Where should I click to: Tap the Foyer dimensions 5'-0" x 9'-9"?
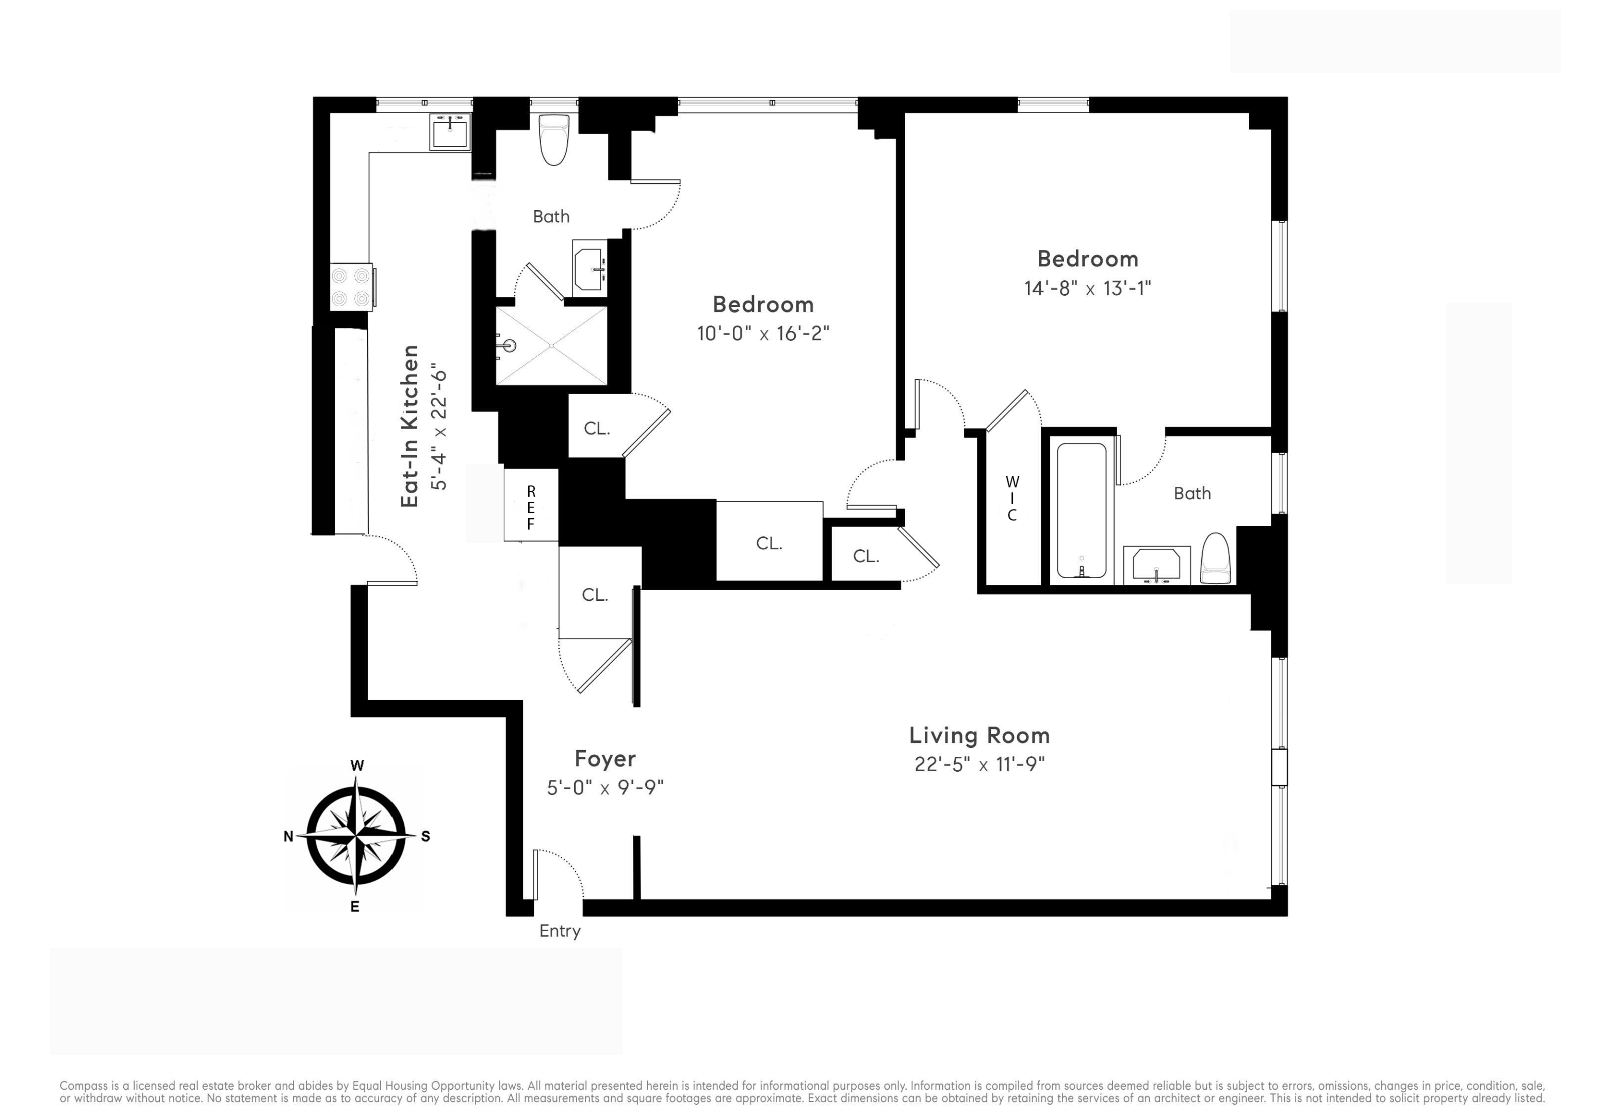click(605, 788)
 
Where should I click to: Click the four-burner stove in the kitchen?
click(350, 287)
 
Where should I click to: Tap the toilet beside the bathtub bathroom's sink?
click(1215, 558)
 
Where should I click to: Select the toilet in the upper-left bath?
click(554, 140)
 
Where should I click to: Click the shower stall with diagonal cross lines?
click(551, 346)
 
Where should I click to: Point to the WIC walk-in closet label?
click(1012, 499)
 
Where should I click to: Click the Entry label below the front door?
click(560, 931)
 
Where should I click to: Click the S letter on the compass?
click(426, 836)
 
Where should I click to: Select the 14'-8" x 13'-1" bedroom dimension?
click(1087, 289)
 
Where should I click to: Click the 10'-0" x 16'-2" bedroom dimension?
click(763, 334)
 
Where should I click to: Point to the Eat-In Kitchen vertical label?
click(410, 426)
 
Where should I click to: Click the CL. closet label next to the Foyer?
click(595, 595)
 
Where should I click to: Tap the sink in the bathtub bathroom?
click(1156, 565)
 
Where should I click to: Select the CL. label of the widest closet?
click(769, 543)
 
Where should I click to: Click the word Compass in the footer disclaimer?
click(83, 1086)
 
